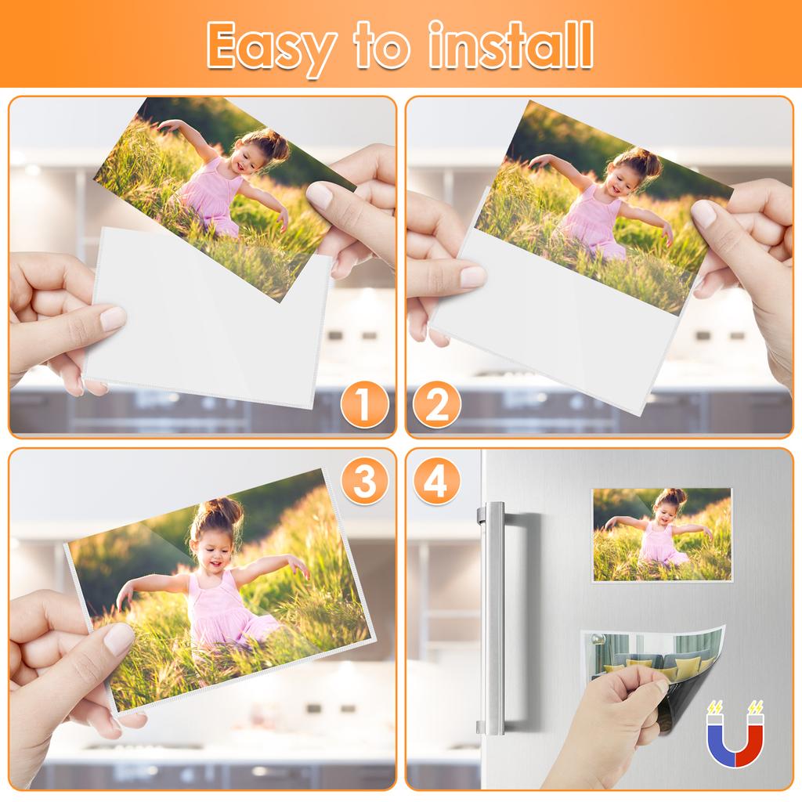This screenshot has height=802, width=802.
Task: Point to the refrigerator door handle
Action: tap(493, 619)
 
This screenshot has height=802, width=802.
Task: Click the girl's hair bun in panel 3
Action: tap(220, 513)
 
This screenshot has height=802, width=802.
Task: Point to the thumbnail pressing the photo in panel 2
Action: tap(703, 213)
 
